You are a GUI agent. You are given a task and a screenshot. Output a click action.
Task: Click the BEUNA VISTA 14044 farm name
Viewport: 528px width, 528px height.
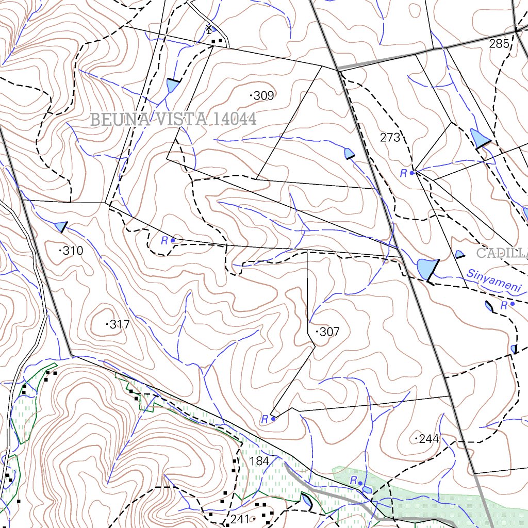[173, 120]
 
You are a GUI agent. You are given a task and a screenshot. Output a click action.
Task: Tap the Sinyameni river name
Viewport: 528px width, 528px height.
[495, 281]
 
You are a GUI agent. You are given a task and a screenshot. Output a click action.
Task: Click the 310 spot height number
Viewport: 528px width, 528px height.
[72, 251]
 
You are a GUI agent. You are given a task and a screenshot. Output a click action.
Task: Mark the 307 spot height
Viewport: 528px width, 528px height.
[328, 332]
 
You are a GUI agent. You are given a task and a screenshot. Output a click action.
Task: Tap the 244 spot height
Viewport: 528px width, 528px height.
[428, 439]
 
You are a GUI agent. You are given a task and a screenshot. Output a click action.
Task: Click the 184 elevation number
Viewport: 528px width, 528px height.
[259, 461]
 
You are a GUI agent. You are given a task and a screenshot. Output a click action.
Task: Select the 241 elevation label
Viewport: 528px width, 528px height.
[240, 519]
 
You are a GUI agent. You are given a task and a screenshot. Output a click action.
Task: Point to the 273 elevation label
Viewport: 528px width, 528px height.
[390, 138]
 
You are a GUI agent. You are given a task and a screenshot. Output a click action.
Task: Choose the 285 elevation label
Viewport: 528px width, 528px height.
[499, 44]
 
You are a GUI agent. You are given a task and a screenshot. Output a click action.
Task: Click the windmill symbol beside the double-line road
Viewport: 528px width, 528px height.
[209, 29]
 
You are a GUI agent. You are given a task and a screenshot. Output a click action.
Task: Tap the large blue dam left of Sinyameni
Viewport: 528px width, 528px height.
[425, 268]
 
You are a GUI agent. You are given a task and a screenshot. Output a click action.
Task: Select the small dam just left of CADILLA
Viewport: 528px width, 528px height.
[459, 254]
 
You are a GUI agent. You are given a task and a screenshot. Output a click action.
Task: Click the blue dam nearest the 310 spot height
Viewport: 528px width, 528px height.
[61, 226]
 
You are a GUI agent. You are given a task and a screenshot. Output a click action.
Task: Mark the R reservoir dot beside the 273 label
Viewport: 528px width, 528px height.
[412, 173]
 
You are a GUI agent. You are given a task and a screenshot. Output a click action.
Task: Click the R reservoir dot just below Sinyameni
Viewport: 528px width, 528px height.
[512, 304]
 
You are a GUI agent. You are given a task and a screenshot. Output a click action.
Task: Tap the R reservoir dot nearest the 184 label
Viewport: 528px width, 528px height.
[273, 419]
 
